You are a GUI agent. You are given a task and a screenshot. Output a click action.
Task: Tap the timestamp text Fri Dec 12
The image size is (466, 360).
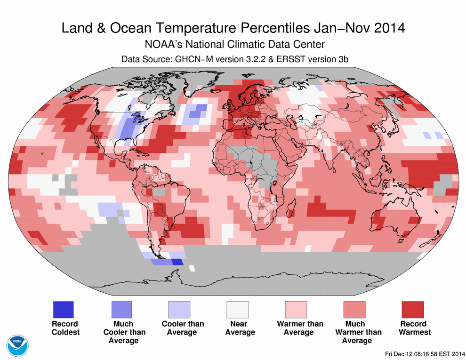pyautogui.click(x=399, y=353)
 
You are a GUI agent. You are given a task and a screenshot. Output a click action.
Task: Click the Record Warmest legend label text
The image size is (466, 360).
pyautogui.click(x=414, y=328)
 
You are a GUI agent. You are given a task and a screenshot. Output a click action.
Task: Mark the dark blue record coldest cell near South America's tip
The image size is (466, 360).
pyautogui.click(x=177, y=262)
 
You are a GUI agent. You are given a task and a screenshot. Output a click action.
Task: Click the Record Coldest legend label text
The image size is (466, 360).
pyautogui.click(x=65, y=328)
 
